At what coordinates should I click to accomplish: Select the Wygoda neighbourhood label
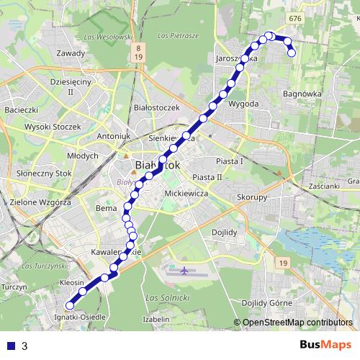pyautogui.click(x=243, y=104)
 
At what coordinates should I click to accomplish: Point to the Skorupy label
pyautogui.click(x=252, y=197)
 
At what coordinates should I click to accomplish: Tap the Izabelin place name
pyautogui.click(x=156, y=318)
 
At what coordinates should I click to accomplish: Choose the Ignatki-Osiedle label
pyautogui.click(x=80, y=317)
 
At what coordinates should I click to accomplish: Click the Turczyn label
pyautogui.click(x=14, y=287)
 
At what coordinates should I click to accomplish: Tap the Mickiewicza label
pyautogui.click(x=186, y=194)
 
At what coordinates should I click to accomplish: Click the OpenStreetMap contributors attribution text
pyautogui.click(x=296, y=323)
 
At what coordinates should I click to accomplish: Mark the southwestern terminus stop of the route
pyautogui.click(x=70, y=305)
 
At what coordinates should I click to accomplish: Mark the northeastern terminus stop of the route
pyautogui.click(x=292, y=53)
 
